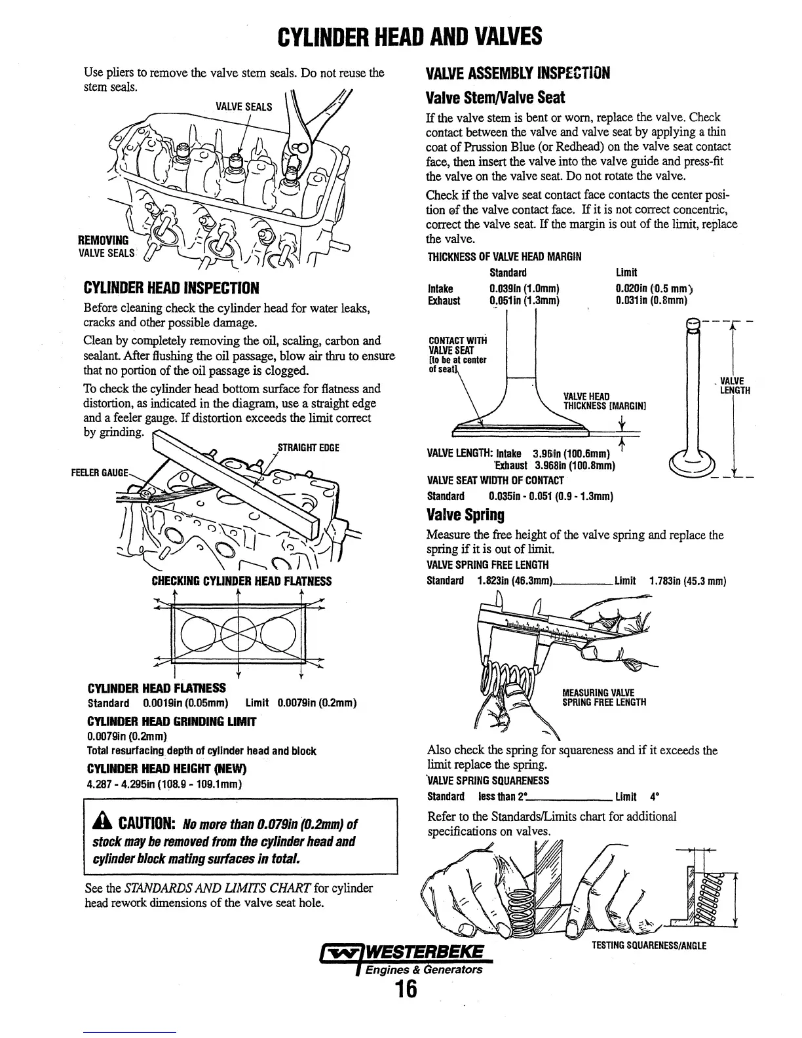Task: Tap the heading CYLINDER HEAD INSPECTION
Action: coord(172,288)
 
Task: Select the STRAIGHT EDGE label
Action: coord(309,448)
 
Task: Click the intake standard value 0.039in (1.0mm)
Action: coord(524,288)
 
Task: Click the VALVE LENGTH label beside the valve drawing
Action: coord(735,386)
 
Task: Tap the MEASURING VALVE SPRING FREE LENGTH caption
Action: coord(604,697)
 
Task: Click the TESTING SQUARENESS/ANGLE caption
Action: coord(649,946)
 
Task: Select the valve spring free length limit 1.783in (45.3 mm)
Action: coord(687,581)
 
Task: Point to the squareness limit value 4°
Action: coord(653,797)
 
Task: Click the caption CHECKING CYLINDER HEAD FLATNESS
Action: coord(242,581)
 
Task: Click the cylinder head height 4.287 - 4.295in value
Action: coord(164,784)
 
